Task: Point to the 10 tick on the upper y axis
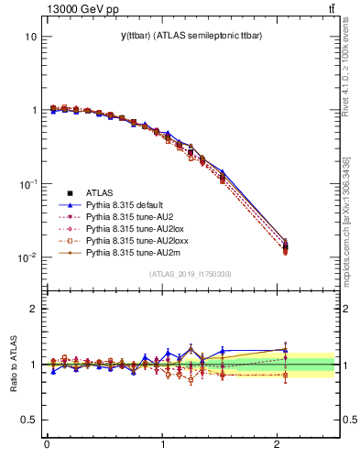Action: [x=30, y=38]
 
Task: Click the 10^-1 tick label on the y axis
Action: [x=27, y=184]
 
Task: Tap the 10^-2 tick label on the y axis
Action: [x=27, y=257]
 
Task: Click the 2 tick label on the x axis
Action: [x=279, y=445]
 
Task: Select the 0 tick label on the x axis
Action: [x=47, y=445]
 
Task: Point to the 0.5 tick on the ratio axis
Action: [x=27, y=420]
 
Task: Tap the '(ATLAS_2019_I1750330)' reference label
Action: [x=191, y=274]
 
